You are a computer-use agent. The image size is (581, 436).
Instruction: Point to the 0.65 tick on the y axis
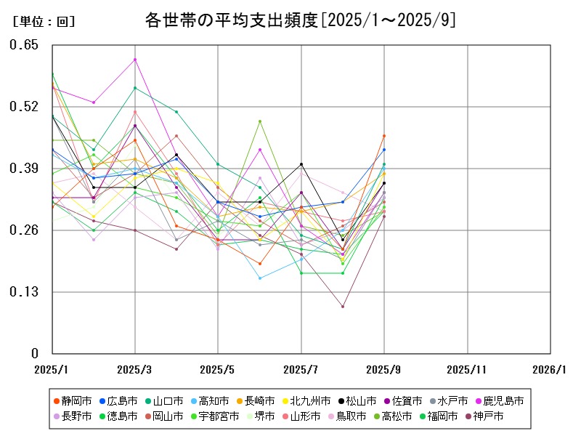click(x=24, y=45)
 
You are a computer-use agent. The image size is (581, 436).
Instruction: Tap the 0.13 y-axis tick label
click(x=24, y=292)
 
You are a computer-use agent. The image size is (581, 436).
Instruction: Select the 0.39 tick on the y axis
click(x=24, y=169)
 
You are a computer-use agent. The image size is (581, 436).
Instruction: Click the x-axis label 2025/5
click(x=219, y=370)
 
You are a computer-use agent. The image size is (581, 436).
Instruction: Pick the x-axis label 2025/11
click(x=467, y=370)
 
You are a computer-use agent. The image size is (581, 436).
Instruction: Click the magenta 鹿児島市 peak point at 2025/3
click(x=135, y=60)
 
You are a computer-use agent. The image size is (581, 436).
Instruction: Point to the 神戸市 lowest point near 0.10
click(x=343, y=306)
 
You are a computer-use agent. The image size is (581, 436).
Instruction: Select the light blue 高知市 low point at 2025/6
click(x=260, y=278)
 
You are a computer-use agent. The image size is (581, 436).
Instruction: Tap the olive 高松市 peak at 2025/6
click(x=260, y=121)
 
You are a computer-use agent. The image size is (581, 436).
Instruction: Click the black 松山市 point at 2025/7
click(x=301, y=164)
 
